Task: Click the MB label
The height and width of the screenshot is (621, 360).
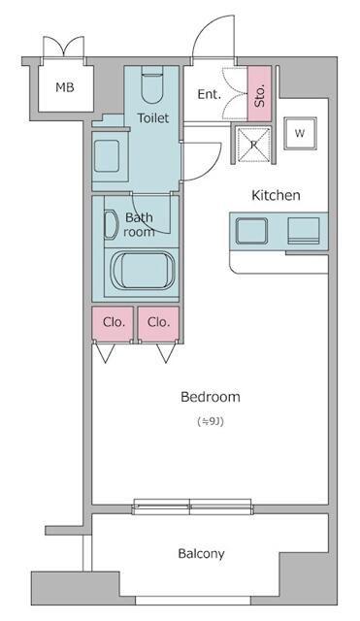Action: tap(65, 87)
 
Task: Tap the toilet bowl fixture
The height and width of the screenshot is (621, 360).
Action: tap(152, 85)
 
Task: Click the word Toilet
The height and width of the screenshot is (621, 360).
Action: tap(153, 117)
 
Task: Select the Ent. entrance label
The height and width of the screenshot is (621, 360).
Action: tap(209, 94)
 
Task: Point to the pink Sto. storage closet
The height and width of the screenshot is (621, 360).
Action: tap(259, 94)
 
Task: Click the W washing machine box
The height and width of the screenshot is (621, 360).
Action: tap(300, 134)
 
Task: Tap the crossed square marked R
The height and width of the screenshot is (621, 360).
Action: tap(253, 145)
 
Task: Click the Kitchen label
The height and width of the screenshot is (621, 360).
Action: tap(276, 195)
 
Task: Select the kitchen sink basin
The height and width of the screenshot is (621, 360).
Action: tap(251, 231)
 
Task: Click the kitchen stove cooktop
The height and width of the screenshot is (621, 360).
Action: tap(304, 230)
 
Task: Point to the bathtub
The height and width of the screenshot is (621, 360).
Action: tap(143, 272)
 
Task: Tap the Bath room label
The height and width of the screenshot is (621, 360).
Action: tap(139, 224)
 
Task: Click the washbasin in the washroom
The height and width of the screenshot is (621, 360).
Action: tap(107, 156)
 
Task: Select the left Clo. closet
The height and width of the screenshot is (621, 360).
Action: tap(113, 323)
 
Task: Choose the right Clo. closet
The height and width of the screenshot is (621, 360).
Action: tap(158, 323)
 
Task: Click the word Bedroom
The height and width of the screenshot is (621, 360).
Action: tap(211, 397)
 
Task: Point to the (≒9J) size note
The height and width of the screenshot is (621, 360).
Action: tap(211, 422)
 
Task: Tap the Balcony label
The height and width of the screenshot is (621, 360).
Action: tap(201, 554)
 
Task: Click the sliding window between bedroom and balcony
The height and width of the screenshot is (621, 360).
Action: tap(192, 507)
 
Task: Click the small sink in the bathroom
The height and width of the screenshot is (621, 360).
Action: tap(111, 226)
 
